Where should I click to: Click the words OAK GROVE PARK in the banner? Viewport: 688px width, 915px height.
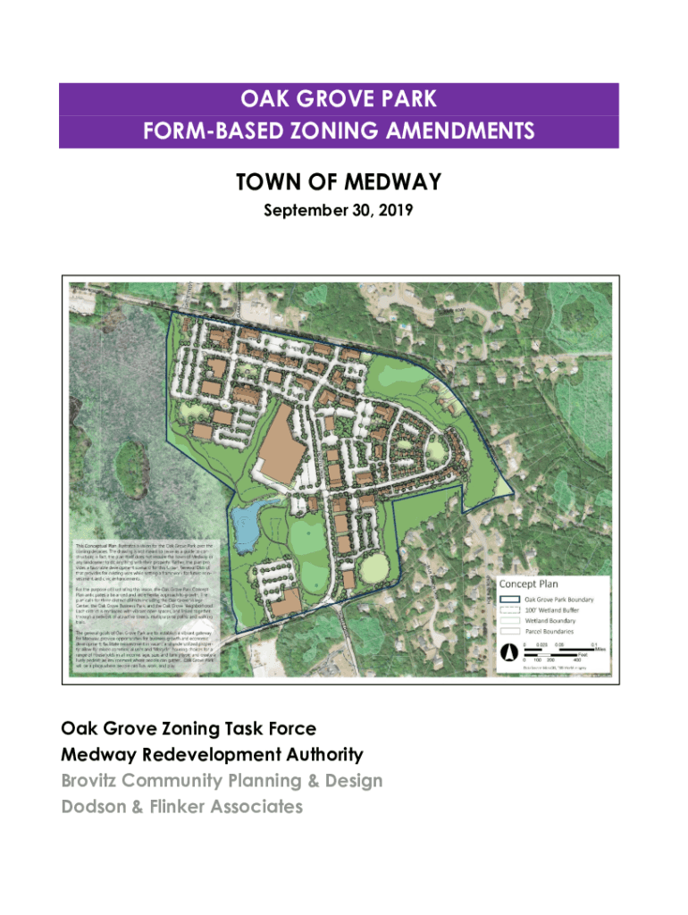coord(339,98)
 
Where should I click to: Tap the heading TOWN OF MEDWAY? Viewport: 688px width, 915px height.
coord(339,182)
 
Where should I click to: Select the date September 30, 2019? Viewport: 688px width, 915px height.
coord(339,212)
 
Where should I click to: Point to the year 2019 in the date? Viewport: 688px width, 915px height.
coord(393,212)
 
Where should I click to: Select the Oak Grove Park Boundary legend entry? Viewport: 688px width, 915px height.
coord(558,600)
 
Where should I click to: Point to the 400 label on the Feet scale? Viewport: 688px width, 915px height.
coord(576,660)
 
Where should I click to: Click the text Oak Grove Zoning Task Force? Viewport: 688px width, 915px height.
coord(189,729)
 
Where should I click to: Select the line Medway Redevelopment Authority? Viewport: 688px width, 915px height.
coord(212,755)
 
